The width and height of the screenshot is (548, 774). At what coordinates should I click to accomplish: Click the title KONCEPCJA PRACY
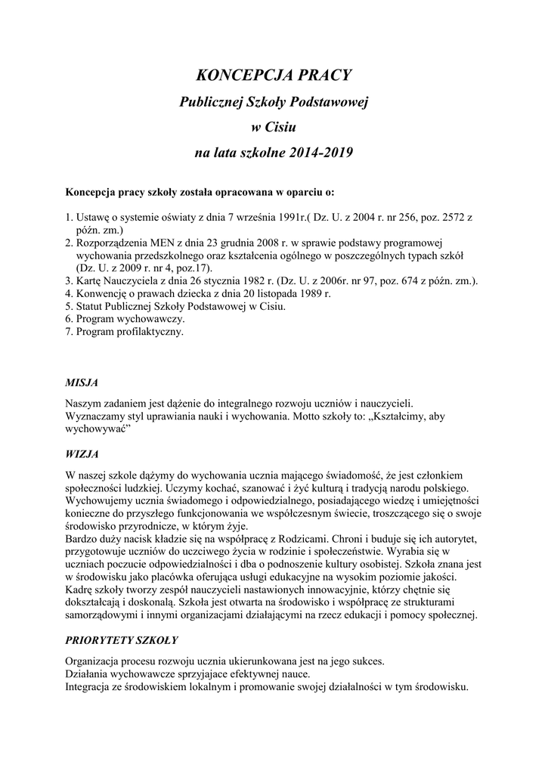coord(274,75)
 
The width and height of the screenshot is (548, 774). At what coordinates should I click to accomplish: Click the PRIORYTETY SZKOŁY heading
coord(122,639)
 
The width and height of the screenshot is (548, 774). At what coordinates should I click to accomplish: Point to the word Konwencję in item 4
coord(102,293)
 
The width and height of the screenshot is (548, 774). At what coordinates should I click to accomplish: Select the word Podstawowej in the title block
coord(330,101)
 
